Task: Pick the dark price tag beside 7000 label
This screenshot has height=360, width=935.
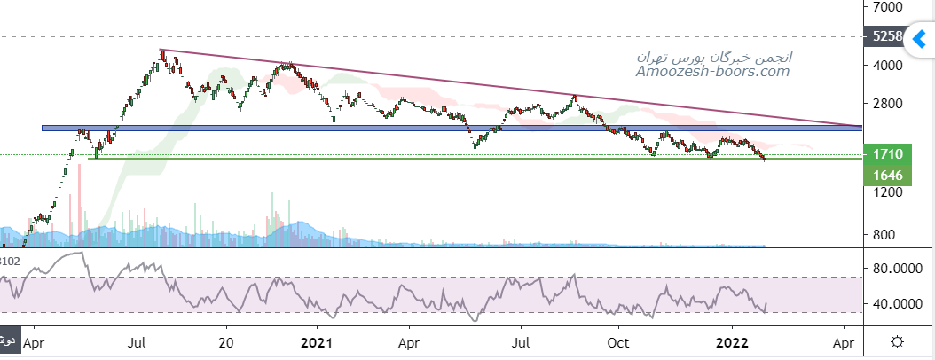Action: pyautogui.click(x=888, y=37)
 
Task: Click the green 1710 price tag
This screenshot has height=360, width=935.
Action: pyautogui.click(x=888, y=154)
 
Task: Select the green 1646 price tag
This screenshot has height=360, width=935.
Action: pyautogui.click(x=888, y=176)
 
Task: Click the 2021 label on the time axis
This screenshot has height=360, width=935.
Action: pyautogui.click(x=317, y=341)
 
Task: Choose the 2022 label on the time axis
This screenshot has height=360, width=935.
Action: pyautogui.click(x=734, y=341)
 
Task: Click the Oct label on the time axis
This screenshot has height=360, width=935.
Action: pyautogui.click(x=619, y=341)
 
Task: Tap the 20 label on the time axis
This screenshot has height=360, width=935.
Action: pyautogui.click(x=226, y=341)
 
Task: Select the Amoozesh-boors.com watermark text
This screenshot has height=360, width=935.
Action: pyautogui.click(x=713, y=71)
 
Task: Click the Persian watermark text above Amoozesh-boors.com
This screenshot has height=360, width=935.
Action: pyautogui.click(x=715, y=56)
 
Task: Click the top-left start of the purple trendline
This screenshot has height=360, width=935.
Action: pyautogui.click(x=161, y=50)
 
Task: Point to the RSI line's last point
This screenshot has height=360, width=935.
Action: pyautogui.click(x=766, y=304)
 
